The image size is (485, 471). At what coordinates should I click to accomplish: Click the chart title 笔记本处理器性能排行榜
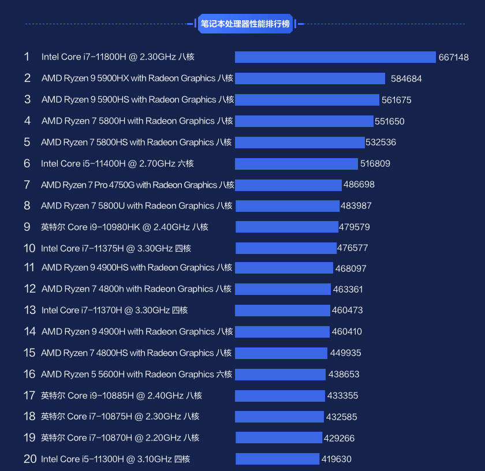(x=245, y=24)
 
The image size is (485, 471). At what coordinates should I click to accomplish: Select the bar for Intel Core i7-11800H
(x=335, y=57)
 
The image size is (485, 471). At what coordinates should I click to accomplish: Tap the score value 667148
(x=453, y=57)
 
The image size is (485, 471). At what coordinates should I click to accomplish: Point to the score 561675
(x=397, y=100)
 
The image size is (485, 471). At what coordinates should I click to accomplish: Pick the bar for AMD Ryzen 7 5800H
(x=304, y=121)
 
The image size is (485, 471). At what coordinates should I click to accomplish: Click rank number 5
(x=27, y=142)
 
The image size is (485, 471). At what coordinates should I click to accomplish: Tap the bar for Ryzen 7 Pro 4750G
(x=288, y=185)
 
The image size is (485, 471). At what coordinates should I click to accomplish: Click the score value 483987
(x=356, y=205)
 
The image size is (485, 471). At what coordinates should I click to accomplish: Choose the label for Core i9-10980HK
(x=125, y=227)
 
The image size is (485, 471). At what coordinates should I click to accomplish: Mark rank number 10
(x=29, y=248)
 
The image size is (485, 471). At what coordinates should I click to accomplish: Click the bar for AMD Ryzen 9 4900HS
(x=284, y=268)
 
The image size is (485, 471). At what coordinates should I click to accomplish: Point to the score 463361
(x=348, y=289)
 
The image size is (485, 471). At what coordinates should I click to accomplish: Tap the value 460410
(x=347, y=331)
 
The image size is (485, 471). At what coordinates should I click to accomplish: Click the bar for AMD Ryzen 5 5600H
(x=280, y=375)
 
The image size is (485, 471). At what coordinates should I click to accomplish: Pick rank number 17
(x=29, y=395)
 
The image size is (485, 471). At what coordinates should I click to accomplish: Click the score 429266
(x=339, y=438)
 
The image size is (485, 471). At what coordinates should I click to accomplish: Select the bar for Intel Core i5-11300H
(x=278, y=459)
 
